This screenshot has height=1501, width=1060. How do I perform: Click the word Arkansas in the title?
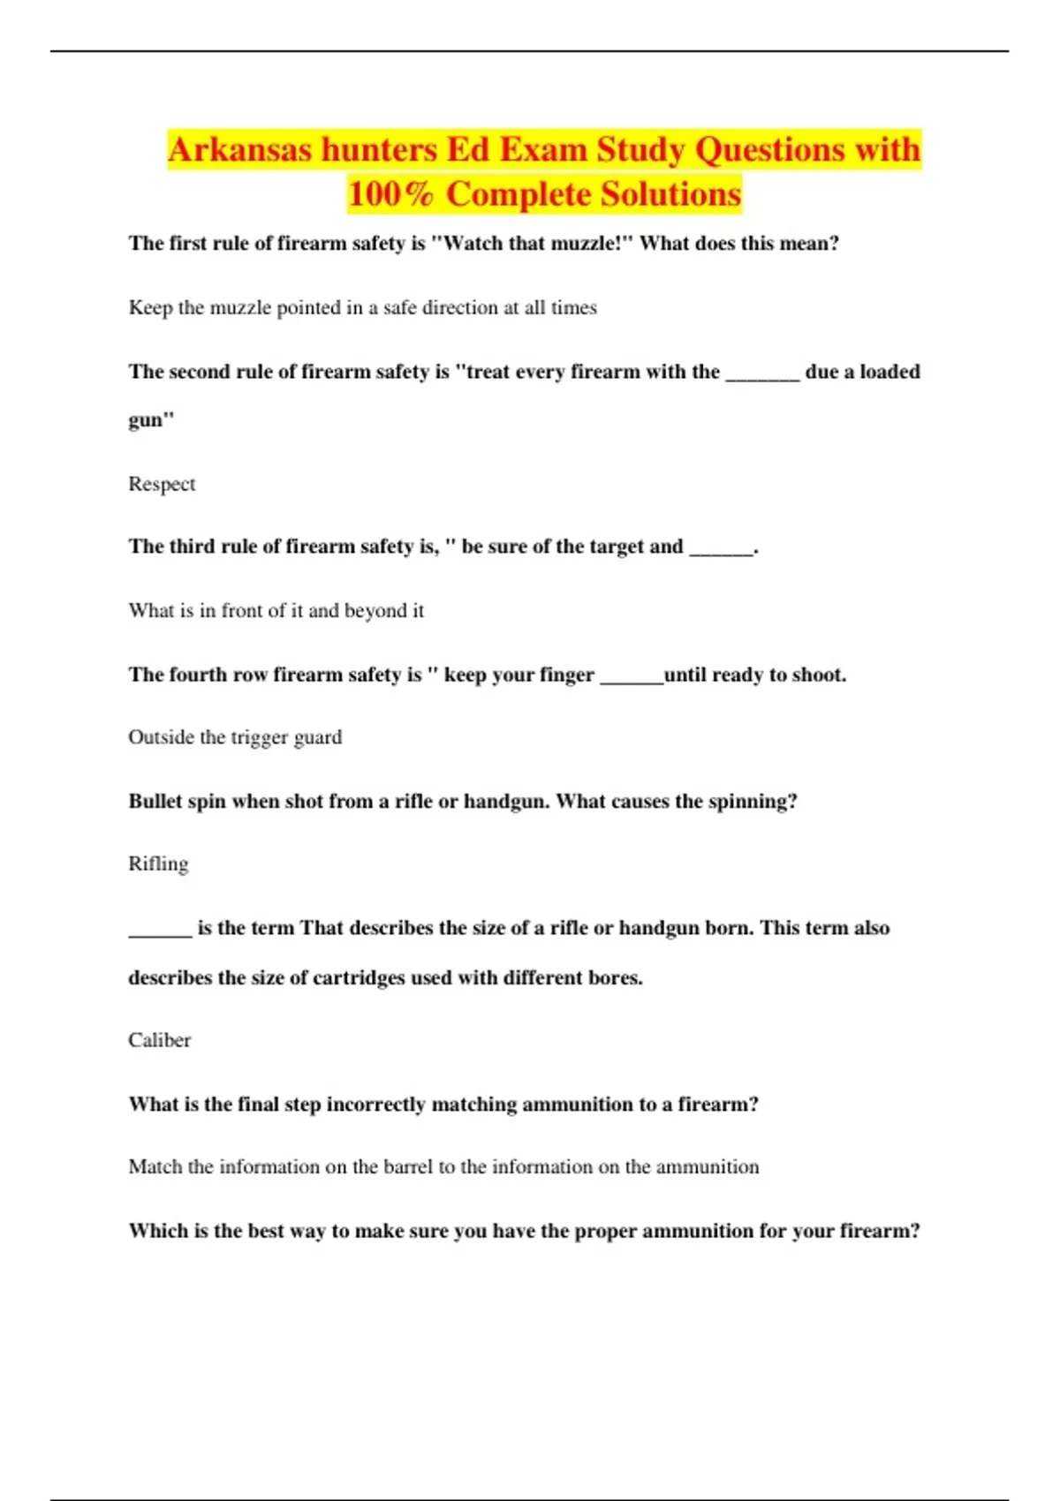239,149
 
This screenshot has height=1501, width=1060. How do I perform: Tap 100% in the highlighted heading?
390,194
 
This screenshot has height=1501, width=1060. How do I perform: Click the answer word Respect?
162,484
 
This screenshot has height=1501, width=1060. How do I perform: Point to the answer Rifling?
158,864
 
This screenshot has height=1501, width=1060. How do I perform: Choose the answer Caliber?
159,1040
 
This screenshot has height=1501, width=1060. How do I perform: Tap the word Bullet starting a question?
155,801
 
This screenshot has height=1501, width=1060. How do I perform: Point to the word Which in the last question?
157,1230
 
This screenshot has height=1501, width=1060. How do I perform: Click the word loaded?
890,372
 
